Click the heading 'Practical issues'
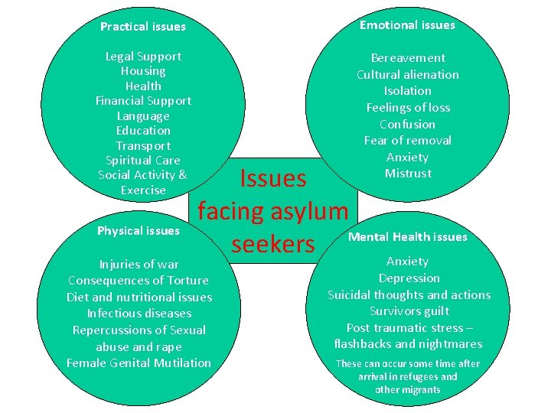click(143, 27)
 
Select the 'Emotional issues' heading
click(407, 25)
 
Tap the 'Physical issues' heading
click(139, 231)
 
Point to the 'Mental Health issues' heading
click(407, 237)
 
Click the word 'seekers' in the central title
click(273, 243)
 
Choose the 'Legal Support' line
click(143, 57)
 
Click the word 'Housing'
click(143, 71)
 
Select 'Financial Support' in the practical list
click(143, 101)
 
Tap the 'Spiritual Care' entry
click(143, 161)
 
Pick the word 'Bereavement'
click(408, 58)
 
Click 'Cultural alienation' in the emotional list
click(408, 75)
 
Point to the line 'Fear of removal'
click(408, 141)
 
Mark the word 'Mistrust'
click(408, 174)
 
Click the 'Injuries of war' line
click(139, 265)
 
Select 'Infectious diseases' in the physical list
click(139, 314)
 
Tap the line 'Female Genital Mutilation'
click(139, 363)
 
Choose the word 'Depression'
click(409, 278)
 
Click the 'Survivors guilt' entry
click(409, 311)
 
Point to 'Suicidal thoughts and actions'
click(409, 295)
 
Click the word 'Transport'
click(143, 146)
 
